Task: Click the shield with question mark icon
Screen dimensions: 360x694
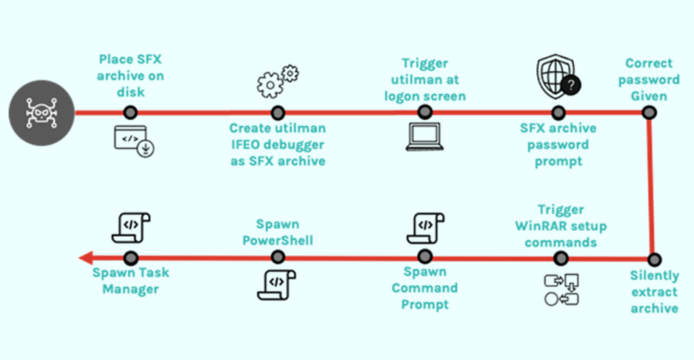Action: pyautogui.click(x=557, y=77)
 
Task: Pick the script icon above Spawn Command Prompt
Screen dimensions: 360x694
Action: pyautogui.click(x=424, y=226)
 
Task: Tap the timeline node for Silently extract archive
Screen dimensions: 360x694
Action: pyautogui.click(x=653, y=258)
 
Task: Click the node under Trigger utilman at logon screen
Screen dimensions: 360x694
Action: pyautogui.click(x=424, y=113)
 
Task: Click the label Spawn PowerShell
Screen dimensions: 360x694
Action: pyautogui.click(x=277, y=232)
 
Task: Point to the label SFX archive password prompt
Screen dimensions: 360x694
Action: pyautogui.click(x=557, y=145)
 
